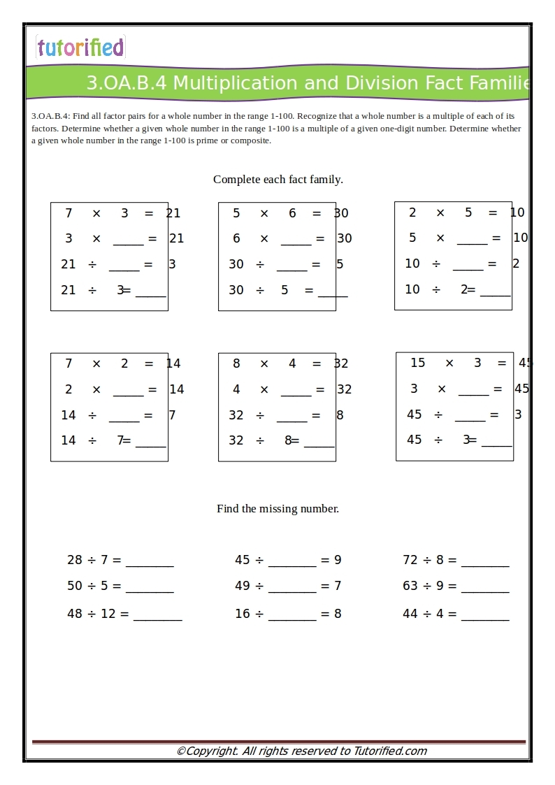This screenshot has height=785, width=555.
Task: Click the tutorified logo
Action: coord(80,48)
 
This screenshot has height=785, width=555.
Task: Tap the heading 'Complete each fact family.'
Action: coord(277,180)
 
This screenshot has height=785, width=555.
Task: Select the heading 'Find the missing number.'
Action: coord(277,509)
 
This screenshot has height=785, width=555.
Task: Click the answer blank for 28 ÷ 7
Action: coord(150,561)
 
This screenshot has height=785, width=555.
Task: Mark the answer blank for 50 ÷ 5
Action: coord(150,587)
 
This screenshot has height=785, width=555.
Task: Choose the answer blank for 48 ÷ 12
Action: coord(157,615)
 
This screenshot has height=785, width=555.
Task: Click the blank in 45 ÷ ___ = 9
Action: coord(292,561)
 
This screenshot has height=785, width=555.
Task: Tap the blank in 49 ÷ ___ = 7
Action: coord(292,587)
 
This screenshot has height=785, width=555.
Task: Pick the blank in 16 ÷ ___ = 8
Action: coord(292,615)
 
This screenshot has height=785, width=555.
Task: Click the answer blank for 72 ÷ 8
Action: coord(485,561)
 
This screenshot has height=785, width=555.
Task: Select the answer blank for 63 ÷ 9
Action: coord(485,587)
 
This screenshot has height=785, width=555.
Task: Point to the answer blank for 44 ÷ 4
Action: coord(485,615)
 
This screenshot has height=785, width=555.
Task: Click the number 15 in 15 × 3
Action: coord(417,363)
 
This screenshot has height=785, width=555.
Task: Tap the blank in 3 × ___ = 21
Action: coord(128,240)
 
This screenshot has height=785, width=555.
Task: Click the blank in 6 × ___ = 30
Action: coord(296,240)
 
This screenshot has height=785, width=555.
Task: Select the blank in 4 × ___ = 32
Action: coord(296,391)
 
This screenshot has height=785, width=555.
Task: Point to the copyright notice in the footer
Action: coord(301,751)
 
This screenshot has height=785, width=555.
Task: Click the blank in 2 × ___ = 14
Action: coord(128,391)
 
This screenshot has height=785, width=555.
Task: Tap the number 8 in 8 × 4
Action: coord(236,363)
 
